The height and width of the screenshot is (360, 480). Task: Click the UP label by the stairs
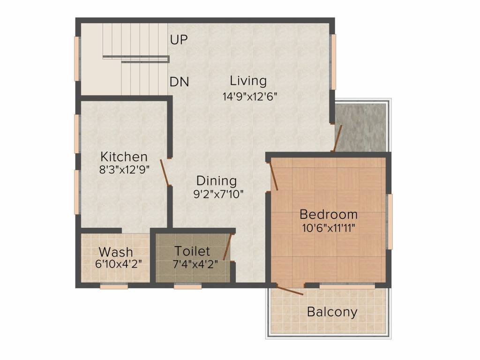(x=179, y=39)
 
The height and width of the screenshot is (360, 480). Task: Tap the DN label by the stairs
(x=180, y=82)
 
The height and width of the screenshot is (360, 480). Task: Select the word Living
(x=248, y=81)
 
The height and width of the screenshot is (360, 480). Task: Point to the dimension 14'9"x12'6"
(x=250, y=97)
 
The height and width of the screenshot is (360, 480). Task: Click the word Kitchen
(x=124, y=157)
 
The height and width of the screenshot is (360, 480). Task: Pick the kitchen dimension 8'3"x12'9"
(x=124, y=169)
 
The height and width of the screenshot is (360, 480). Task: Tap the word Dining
(x=217, y=181)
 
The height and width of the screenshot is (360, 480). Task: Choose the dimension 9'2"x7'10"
(x=218, y=194)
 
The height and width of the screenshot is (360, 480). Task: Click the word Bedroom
(x=329, y=214)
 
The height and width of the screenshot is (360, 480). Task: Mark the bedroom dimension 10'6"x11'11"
(x=329, y=228)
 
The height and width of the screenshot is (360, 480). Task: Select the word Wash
(x=116, y=252)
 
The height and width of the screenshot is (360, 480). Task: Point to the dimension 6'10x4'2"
(x=119, y=264)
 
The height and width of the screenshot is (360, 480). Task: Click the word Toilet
(x=192, y=251)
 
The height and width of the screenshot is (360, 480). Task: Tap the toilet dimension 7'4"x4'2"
(x=195, y=264)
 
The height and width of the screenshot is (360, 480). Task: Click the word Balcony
(x=332, y=312)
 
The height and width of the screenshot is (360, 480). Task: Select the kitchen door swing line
(x=165, y=172)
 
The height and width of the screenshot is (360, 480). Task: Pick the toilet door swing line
(x=227, y=247)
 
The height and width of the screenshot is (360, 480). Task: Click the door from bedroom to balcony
(x=290, y=290)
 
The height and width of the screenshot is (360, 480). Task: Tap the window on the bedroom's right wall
(x=390, y=222)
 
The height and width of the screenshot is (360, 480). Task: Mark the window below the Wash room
(x=114, y=286)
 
